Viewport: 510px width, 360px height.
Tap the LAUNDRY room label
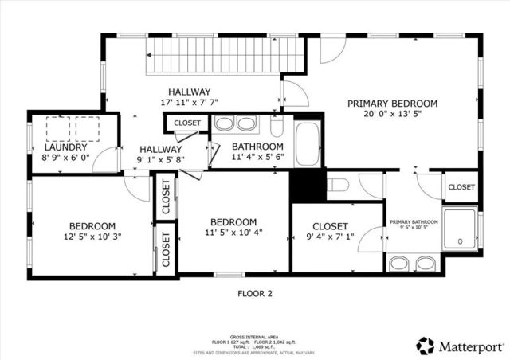tap(66, 147)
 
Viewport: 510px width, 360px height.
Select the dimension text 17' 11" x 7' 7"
tap(189, 103)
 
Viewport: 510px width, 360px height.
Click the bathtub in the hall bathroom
tap(307, 144)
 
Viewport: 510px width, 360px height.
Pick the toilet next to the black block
tap(339, 186)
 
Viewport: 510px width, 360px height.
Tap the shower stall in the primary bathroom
tap(461, 229)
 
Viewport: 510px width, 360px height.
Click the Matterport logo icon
tap(426, 346)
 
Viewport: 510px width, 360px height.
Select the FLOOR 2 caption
tap(255, 293)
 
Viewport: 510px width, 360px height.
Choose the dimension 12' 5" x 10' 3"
tap(92, 237)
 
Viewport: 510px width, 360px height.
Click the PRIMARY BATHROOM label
tap(414, 222)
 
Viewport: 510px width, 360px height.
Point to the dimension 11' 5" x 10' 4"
tap(233, 233)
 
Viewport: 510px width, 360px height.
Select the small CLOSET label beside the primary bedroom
tap(461, 187)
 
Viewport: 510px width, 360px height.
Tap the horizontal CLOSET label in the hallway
tap(187, 123)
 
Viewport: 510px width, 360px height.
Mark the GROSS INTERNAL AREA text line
tap(255, 337)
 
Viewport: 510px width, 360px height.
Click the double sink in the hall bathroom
tap(236, 124)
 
